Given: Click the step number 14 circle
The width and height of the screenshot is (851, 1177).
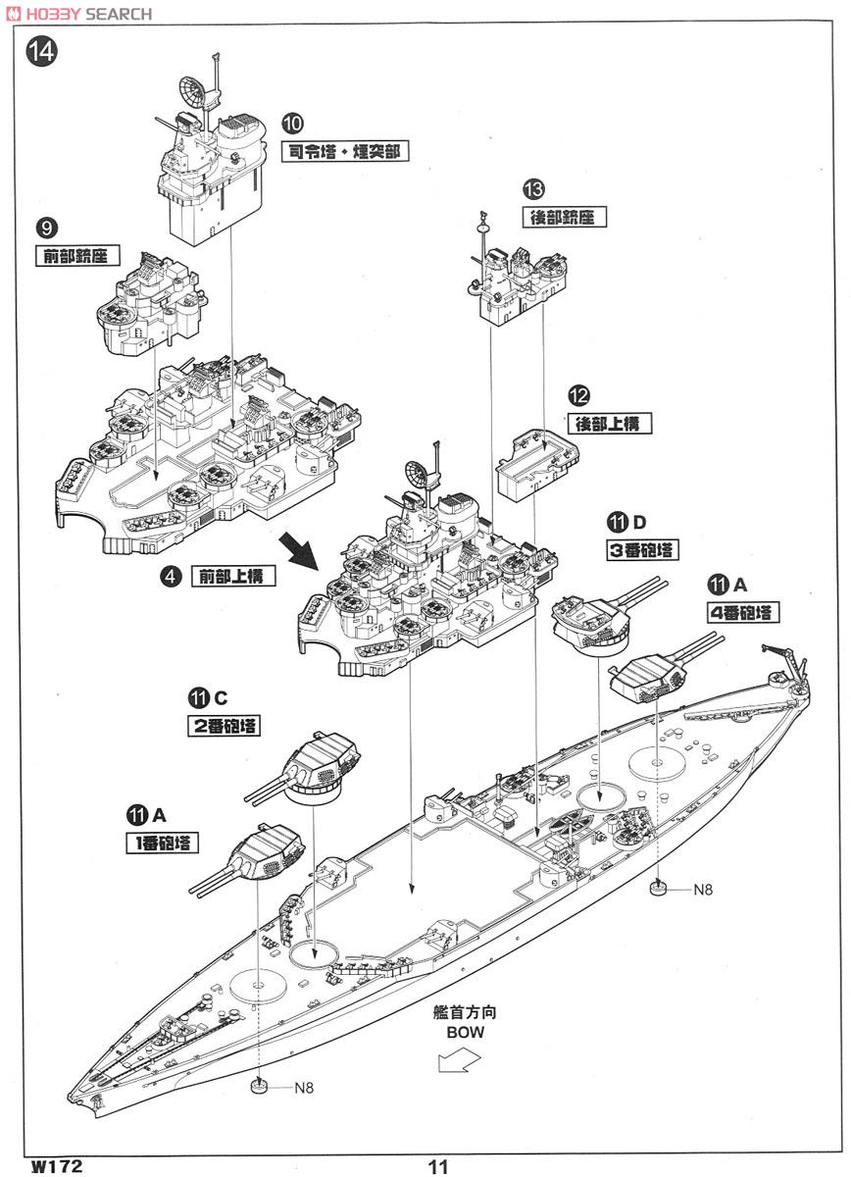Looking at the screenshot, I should tap(42, 51).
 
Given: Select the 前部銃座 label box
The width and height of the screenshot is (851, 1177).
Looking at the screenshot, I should tap(75, 257).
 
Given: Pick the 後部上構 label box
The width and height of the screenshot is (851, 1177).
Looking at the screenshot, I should tap(610, 423).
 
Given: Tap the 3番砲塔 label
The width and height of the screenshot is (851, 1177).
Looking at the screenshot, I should tap(642, 549).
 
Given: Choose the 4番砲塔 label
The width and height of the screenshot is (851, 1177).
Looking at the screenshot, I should tap(740, 613).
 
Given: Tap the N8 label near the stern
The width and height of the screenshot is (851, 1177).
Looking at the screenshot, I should tap(703, 890).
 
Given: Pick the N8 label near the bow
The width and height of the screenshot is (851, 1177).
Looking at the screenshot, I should tap(308, 1088).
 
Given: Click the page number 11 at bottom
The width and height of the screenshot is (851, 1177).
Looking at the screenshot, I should tap(437, 1166).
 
